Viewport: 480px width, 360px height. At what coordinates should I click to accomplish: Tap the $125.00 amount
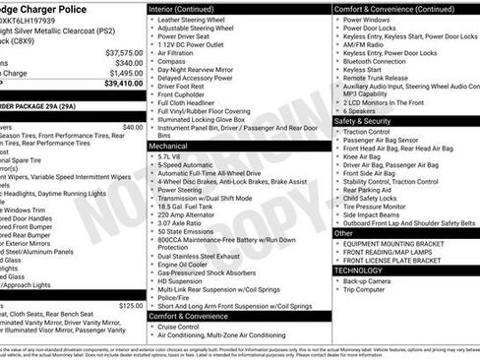pyautogui.click(x=131, y=306)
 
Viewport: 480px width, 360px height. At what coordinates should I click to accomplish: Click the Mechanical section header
pyautogui.click(x=169, y=144)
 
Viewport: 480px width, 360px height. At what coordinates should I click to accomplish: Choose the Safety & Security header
pyautogui.click(x=363, y=121)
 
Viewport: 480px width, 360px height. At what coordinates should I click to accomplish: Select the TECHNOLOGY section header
pyautogui.click(x=358, y=270)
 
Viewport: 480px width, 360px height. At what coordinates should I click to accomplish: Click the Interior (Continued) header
pyautogui.click(x=191, y=9)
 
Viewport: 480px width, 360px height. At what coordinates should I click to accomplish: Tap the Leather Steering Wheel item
pyautogui.click(x=196, y=20)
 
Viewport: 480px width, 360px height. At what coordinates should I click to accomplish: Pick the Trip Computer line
pyautogui.click(x=366, y=290)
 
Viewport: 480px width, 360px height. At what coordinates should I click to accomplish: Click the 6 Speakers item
pyautogui.click(x=362, y=111)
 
